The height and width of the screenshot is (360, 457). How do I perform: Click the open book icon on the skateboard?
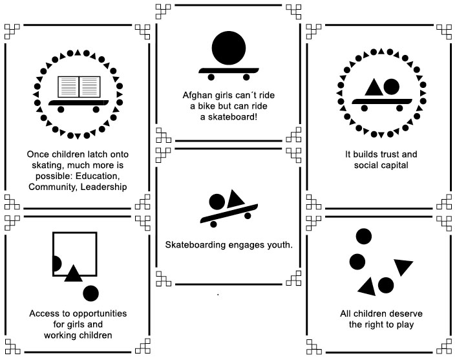[78, 87]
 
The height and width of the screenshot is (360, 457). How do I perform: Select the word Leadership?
[104, 187]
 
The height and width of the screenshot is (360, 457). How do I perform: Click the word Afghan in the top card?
[197, 94]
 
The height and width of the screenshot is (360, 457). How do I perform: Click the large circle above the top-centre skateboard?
[228, 46]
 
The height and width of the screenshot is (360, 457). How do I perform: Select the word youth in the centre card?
[280, 245]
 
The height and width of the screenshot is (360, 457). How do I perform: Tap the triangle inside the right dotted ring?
[372, 87]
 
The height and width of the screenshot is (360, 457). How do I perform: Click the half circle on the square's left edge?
[56, 263]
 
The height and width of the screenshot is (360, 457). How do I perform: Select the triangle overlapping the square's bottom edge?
[72, 273]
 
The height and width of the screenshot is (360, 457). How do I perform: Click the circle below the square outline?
[91, 293]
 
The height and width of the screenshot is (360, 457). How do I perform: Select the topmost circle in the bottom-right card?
[364, 237]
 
